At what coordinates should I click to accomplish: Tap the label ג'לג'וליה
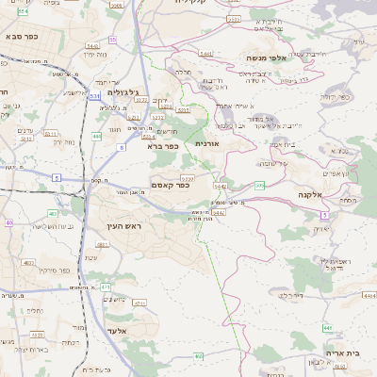coord(123,92)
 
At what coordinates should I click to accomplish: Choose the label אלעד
coord(116,331)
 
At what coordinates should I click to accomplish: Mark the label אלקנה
coord(311,194)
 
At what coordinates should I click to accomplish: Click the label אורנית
coord(206,143)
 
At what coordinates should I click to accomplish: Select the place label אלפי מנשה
coord(267,57)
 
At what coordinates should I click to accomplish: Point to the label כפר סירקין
coord(57,270)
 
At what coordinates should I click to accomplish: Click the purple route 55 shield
coord(112,40)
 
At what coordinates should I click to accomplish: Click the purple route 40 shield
coord(9,222)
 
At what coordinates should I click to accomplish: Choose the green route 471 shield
coord(105,287)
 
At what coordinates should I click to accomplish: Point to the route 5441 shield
coord(206,55)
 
